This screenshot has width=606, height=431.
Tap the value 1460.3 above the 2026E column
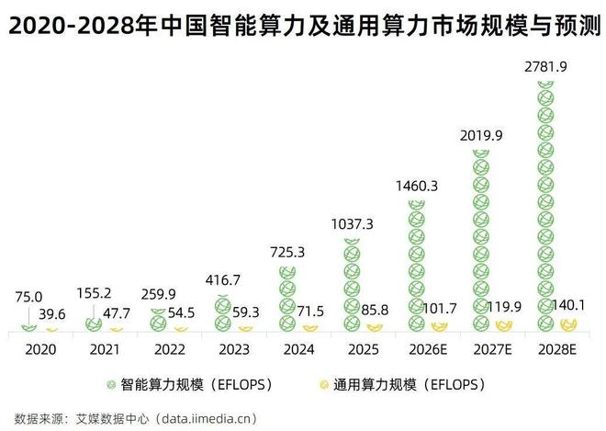[x=417, y=185]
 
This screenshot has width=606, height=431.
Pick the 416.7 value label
[x=223, y=278]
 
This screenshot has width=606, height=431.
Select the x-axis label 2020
[x=41, y=349]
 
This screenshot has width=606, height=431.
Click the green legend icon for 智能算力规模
[x=111, y=382]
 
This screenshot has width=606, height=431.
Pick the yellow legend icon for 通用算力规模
[x=326, y=382]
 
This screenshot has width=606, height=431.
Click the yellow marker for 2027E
[x=503, y=325]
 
